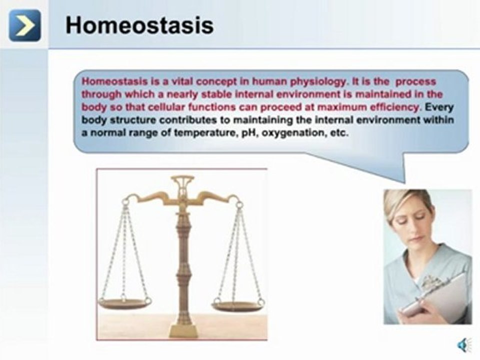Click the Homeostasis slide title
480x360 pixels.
click(139, 25)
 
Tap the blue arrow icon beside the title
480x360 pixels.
click(24, 25)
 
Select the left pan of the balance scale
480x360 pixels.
click(124, 303)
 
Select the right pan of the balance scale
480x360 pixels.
click(237, 305)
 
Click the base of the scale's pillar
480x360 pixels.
click(183, 330)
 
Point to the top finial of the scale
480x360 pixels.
click(182, 179)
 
